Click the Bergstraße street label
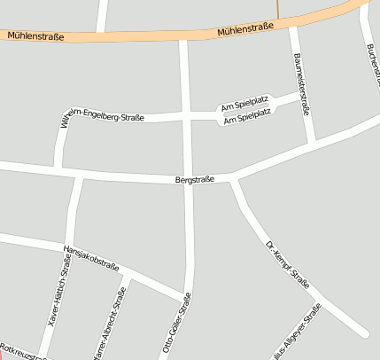coord(196,180)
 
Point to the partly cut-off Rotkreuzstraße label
coord(23,352)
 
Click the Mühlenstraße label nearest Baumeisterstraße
coord(245,31)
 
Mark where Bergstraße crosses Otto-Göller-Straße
coord(187,180)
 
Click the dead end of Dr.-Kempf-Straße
coord(363,333)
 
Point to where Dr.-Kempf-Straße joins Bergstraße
coord(234,178)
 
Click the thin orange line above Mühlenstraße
coord(277,10)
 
